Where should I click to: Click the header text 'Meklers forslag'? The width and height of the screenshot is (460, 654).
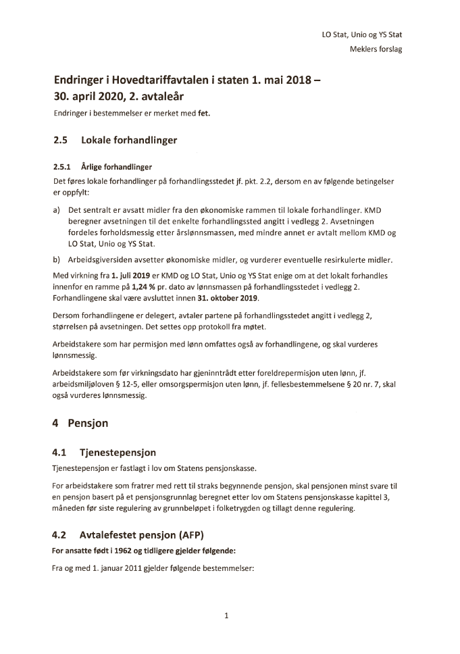coord(376,49)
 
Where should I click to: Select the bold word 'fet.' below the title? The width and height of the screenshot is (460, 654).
coord(204,114)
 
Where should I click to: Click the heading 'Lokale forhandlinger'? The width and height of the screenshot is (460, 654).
coord(129,141)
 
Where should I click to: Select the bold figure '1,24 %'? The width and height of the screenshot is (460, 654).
coord(146,288)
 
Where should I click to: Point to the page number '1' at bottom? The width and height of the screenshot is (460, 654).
coord(227,615)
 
